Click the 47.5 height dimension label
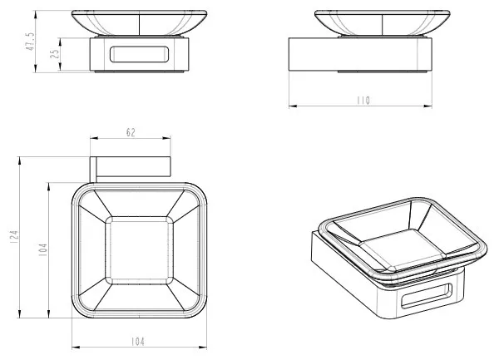30,42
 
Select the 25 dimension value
55,54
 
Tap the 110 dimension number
363,101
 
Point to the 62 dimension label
131,132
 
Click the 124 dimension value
14,237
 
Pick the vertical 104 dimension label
42,249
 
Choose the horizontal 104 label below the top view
138,342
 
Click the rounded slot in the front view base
139,54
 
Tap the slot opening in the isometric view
427,296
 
